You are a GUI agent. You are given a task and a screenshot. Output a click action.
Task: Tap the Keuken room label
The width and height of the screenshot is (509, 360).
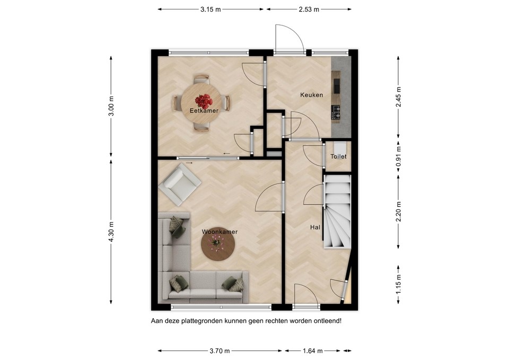pyautogui.click(x=311, y=95)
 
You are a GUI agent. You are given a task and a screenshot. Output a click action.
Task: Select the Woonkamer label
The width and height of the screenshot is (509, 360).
pyautogui.click(x=219, y=232)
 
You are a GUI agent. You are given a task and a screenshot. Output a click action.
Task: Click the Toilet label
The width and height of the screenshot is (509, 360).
pyautogui.click(x=338, y=157)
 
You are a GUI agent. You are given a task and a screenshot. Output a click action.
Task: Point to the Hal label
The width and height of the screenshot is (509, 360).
pyautogui.click(x=315, y=227)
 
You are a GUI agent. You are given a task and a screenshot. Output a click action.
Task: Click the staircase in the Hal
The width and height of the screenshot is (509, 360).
pyautogui.click(x=337, y=212)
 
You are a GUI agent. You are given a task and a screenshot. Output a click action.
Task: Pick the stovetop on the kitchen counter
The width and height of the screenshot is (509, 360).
pyautogui.click(x=336, y=111)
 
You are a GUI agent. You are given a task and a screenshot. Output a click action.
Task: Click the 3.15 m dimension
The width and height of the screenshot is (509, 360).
pyautogui.click(x=210, y=9)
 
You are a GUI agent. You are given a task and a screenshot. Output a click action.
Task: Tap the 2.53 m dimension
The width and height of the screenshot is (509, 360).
pyautogui.click(x=309, y=9)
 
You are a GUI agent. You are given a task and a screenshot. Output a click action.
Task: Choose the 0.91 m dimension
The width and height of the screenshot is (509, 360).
pyautogui.click(x=398, y=157)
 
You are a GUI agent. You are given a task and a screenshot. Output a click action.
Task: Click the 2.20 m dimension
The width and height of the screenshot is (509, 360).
pyautogui.click(x=398, y=212)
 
